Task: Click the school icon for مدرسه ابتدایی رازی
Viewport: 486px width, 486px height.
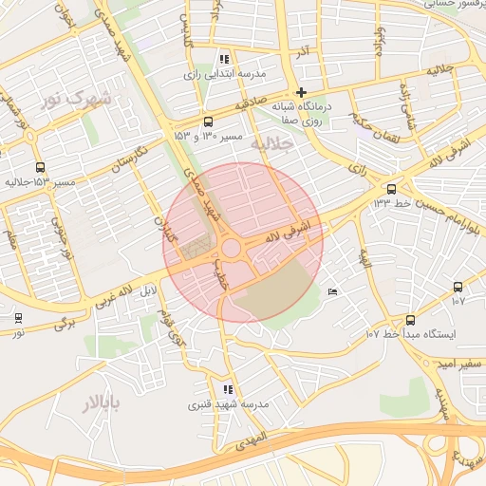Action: click(x=224, y=58)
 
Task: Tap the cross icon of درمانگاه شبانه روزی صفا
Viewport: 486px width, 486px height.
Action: click(x=302, y=93)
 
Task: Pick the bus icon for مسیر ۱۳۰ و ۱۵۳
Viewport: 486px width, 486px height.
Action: click(x=209, y=121)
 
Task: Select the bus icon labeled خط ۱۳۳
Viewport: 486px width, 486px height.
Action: click(x=391, y=188)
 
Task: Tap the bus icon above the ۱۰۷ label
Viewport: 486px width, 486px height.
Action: click(x=458, y=287)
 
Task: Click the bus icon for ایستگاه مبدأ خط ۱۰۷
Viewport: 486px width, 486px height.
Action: click(x=410, y=320)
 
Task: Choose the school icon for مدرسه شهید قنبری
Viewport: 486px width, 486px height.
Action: click(x=227, y=389)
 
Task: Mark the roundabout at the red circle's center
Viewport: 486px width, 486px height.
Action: click(x=231, y=250)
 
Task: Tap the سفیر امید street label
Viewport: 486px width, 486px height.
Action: click(x=453, y=364)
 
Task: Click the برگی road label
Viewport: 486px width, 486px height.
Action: click(x=65, y=323)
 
